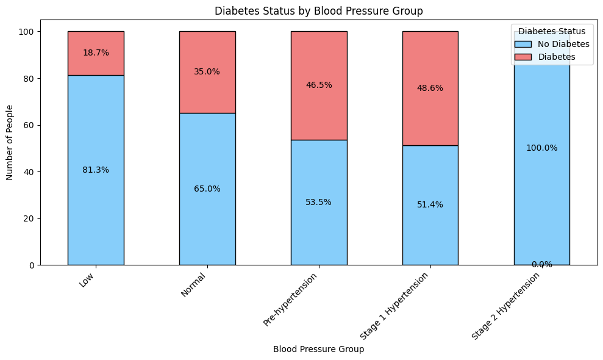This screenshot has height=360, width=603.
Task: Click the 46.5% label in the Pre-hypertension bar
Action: (319, 85)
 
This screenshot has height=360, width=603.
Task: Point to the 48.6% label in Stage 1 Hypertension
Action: (430, 88)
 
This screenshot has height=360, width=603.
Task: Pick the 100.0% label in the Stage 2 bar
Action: (541, 148)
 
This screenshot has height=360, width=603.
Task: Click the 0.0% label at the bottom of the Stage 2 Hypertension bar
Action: (541, 265)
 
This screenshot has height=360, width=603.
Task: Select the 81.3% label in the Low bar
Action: (96, 170)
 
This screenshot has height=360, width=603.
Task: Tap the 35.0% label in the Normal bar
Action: (207, 71)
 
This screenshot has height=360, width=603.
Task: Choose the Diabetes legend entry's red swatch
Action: (523, 57)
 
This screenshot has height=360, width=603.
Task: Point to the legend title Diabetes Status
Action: (552, 31)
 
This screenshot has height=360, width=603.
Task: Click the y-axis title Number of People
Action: (10, 148)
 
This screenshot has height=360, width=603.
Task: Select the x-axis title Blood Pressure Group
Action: (319, 350)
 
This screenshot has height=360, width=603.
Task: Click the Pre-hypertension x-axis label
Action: (292, 300)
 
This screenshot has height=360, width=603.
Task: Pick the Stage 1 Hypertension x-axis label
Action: (395, 305)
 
